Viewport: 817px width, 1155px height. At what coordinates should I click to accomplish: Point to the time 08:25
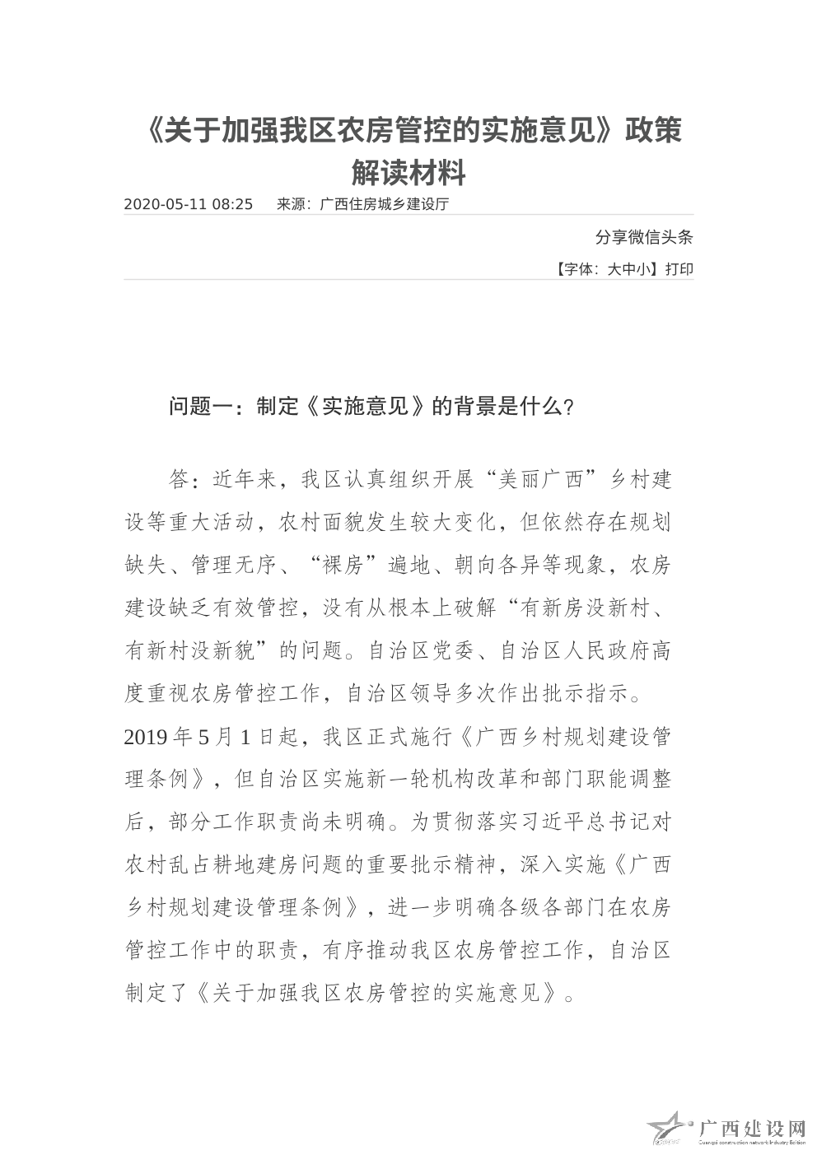click(x=232, y=204)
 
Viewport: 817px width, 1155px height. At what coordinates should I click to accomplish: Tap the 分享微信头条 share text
click(x=644, y=238)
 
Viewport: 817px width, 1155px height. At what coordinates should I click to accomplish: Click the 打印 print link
click(x=679, y=268)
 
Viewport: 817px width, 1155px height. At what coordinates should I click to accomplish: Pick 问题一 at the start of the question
click(x=200, y=406)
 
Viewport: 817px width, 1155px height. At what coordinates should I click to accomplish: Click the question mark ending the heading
click(x=569, y=407)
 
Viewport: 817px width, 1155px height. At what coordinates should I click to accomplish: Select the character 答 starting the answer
click(x=179, y=478)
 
